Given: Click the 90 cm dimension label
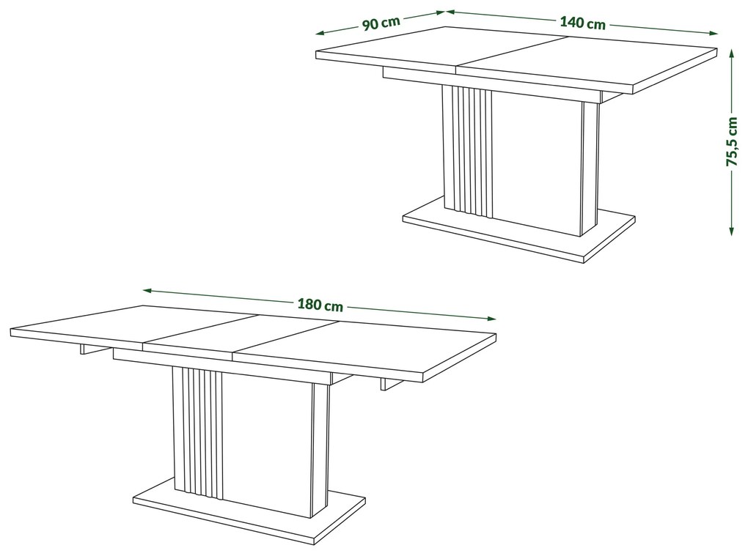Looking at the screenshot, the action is [381, 23].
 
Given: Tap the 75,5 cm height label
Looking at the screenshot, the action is [732, 141].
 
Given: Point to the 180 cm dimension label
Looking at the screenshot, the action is [320, 305].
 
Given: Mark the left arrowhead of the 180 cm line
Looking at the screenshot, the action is [147, 289].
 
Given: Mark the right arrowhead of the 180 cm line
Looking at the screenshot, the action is [491, 319].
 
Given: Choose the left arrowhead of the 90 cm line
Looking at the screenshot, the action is [320, 33].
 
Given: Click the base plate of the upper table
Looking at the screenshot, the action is [518, 229].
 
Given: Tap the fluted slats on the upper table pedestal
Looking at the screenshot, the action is [468, 152].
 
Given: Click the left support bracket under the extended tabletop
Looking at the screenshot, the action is [92, 349].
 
